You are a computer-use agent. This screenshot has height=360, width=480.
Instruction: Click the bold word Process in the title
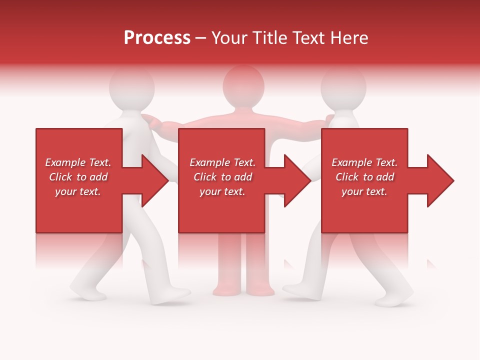pos(157,38)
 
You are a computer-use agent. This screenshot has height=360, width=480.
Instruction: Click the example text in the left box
pos(78,177)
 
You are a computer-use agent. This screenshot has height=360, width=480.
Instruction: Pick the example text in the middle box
pos(222,177)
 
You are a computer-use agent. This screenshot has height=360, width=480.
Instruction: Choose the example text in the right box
pos(364,177)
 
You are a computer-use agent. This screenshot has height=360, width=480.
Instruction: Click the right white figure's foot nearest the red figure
pos(298,289)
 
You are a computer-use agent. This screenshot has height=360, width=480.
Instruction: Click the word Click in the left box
pos(61,177)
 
